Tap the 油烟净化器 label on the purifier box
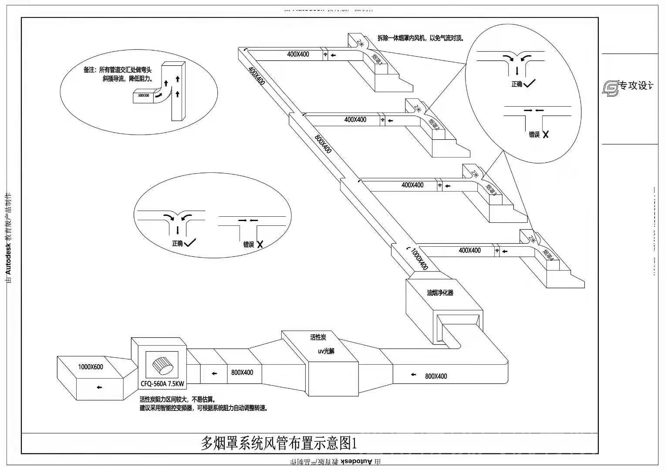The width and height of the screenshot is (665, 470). (x=440, y=293)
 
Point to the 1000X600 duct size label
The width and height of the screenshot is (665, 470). (x=91, y=367)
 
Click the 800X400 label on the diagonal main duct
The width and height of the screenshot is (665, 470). (x=323, y=144)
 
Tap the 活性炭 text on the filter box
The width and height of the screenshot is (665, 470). (x=318, y=337)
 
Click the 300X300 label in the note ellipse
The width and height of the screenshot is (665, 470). (x=143, y=95)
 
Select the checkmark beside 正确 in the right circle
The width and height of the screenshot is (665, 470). (x=530, y=84)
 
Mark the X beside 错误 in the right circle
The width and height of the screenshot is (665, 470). (x=546, y=134)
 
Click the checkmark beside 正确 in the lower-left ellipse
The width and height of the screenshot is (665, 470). (x=190, y=243)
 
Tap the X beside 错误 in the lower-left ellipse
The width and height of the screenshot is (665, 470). (x=260, y=245)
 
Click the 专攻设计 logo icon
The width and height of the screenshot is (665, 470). (x=610, y=87)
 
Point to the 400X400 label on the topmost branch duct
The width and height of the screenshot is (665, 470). (x=298, y=54)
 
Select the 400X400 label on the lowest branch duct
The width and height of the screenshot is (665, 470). (x=469, y=250)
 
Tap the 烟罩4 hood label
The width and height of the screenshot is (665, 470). (x=548, y=255)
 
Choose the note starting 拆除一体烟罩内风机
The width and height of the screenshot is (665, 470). (x=420, y=38)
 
